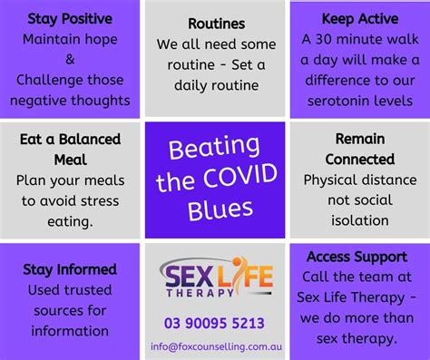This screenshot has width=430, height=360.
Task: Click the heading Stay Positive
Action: coord(70,18)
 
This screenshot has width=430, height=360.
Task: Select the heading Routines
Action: coord(214,24)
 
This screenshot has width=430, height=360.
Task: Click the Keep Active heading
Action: coord(360,18)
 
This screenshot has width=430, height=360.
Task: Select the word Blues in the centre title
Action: coord(214,209)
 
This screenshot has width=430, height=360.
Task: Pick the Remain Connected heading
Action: coord(360,149)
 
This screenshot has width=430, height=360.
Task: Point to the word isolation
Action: coord(360,220)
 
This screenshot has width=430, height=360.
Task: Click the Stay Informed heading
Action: coord(70,268)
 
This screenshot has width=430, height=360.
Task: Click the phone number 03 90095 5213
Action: coord(214,321)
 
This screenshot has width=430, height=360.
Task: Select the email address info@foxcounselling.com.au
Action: coord(214,345)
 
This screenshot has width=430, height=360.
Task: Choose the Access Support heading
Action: coord(360,258)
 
